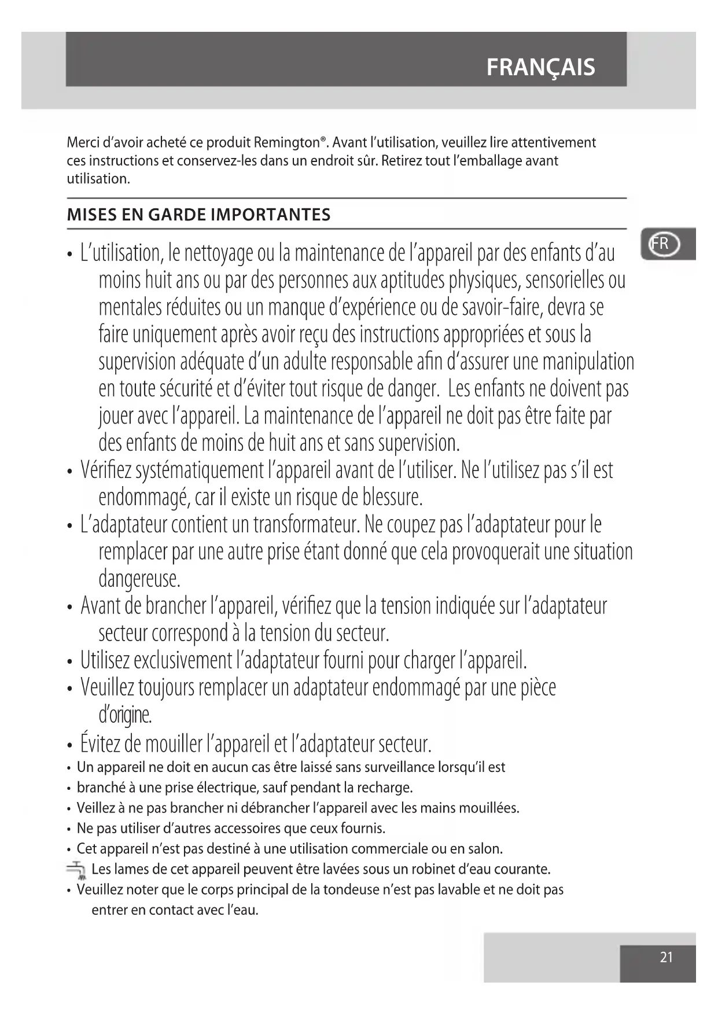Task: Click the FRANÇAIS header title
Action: (x=540, y=67)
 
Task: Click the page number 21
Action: (x=667, y=957)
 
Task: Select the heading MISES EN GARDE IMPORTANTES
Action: (x=198, y=215)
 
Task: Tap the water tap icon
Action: (x=75, y=870)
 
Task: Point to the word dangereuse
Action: (x=139, y=578)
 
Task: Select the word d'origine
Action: (x=125, y=715)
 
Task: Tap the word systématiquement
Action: (x=199, y=470)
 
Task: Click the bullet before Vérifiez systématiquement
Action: (x=69, y=472)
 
